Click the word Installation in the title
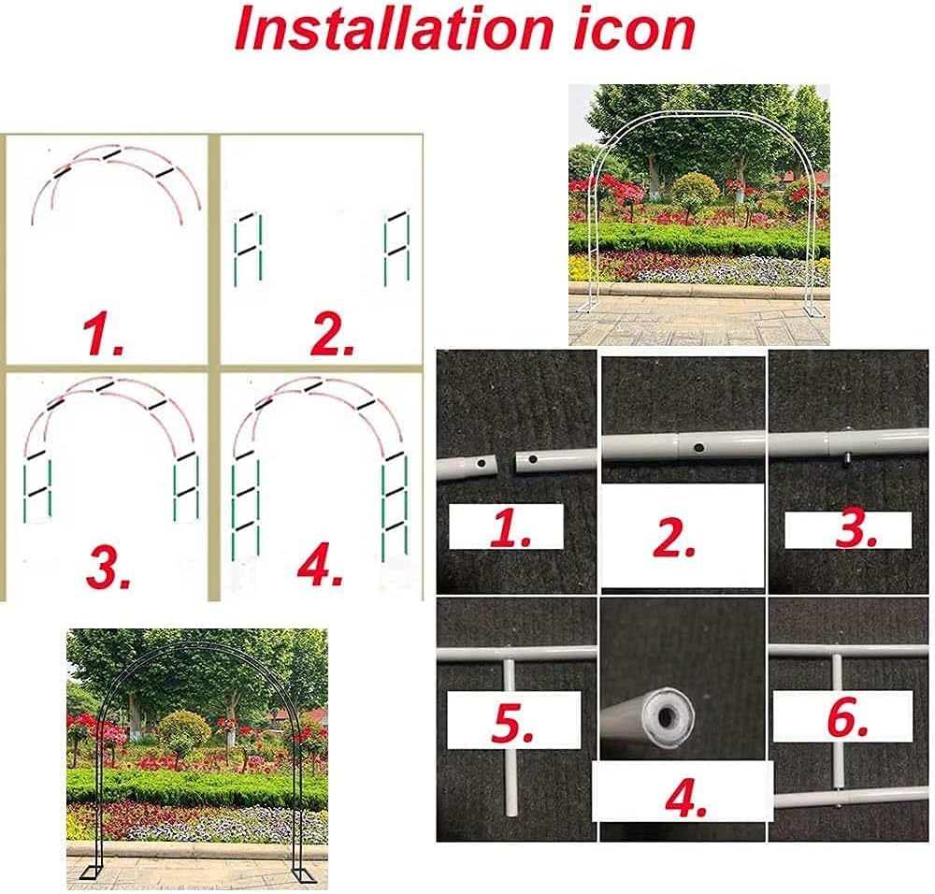(394, 30)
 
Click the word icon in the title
(635, 30)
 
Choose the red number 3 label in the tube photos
(856, 529)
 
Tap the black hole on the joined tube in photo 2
(698, 447)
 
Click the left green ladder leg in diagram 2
(249, 247)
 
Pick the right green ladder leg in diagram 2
(397, 247)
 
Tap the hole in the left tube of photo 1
(481, 462)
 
